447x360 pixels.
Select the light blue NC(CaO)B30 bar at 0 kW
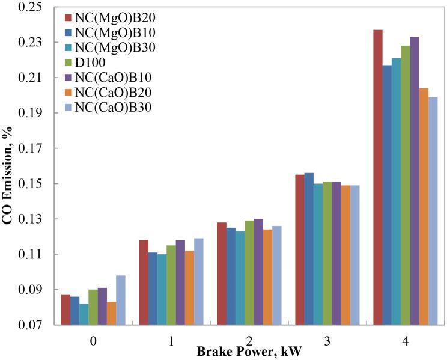(120, 301)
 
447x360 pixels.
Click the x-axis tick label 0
(93, 341)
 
